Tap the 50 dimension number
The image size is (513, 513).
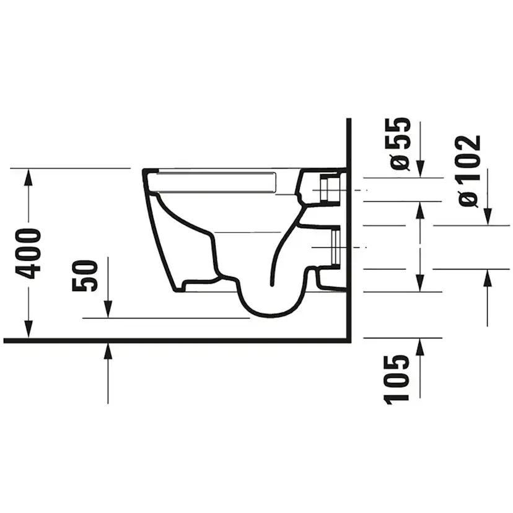click(x=85, y=276)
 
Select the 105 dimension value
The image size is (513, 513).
click(x=397, y=380)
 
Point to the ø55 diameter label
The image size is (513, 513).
click(x=400, y=143)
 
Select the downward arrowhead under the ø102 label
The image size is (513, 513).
click(x=488, y=217)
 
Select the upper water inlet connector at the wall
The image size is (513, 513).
click(x=328, y=188)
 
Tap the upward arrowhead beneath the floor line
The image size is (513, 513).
click(x=108, y=351)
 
